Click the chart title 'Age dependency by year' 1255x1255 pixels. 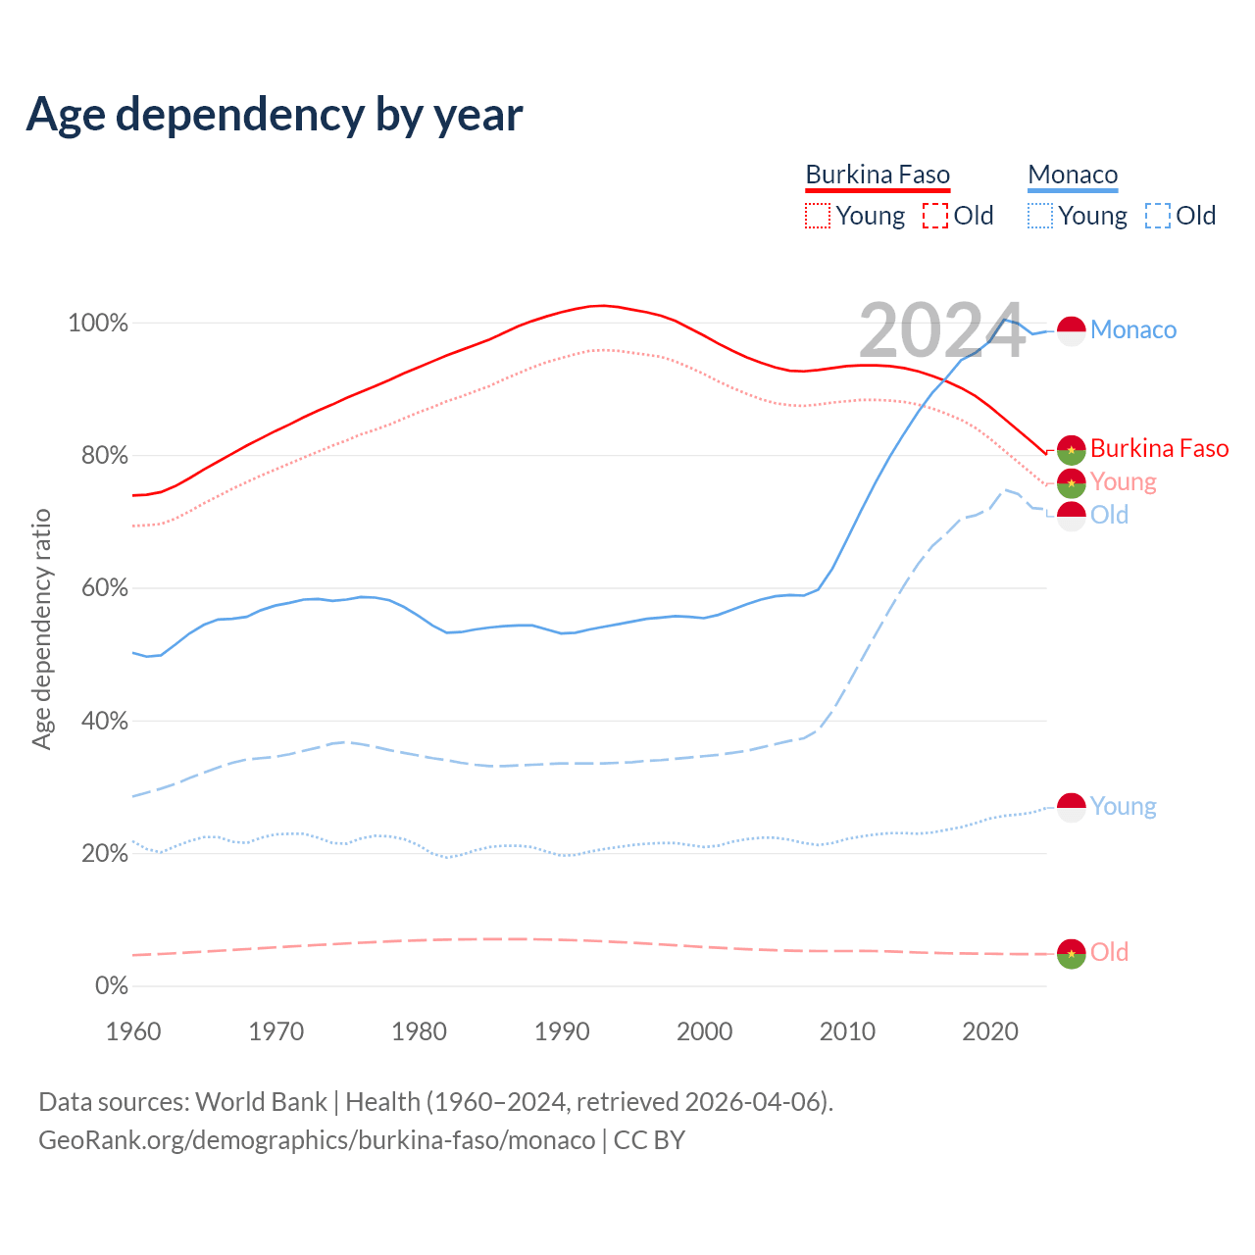point(275,115)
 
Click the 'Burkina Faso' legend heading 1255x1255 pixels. point(878,176)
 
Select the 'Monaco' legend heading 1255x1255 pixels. point(1073,176)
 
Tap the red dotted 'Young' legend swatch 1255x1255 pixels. point(818,216)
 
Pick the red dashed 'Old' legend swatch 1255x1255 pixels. point(935,216)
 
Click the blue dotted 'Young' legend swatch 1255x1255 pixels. point(1040,216)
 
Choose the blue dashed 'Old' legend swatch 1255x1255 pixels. point(1158,216)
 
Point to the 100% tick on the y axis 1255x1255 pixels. point(98,324)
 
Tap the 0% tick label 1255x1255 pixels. point(111,986)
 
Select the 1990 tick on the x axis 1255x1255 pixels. point(562,1031)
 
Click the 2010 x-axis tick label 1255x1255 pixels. point(847,1031)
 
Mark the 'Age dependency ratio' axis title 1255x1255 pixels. point(41,628)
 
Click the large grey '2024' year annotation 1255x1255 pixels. point(941,330)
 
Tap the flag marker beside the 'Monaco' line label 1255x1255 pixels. point(1071,330)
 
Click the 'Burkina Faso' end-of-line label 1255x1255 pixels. point(1159,449)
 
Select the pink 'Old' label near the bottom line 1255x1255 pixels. point(1109,953)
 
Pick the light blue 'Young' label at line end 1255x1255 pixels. point(1123,807)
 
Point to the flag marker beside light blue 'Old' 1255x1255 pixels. point(1071,516)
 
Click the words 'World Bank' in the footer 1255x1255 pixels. point(261,1102)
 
